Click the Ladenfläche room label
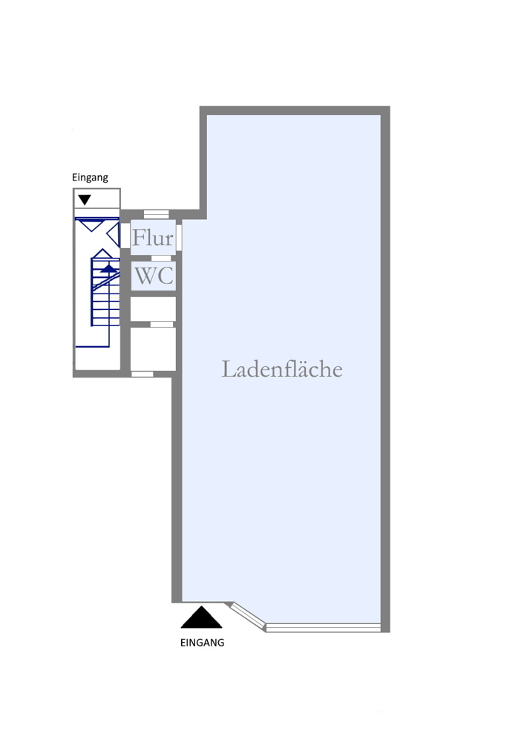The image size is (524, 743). pyautogui.click(x=282, y=369)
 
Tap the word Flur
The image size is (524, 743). pyautogui.click(x=153, y=238)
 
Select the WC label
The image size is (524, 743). pyautogui.click(x=154, y=276)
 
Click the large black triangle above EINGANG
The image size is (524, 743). pyautogui.click(x=201, y=617)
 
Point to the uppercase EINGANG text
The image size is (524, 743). pyautogui.click(x=202, y=643)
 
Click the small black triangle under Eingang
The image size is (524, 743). pyautogui.click(x=85, y=200)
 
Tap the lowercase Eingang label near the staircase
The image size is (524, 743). pyautogui.click(x=90, y=178)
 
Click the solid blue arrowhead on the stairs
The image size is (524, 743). pyautogui.click(x=109, y=268)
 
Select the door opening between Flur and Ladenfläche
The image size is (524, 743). pyautogui.click(x=179, y=236)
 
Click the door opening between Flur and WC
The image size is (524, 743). pyautogui.click(x=161, y=259)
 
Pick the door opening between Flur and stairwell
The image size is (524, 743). pyautogui.click(x=125, y=236)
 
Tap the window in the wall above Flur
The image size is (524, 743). pyautogui.click(x=156, y=214)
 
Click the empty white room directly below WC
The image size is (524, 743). pyautogui.click(x=153, y=309)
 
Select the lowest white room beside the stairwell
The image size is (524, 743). pyautogui.click(x=153, y=348)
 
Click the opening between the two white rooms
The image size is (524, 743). pyautogui.click(x=162, y=324)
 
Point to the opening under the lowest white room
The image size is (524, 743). pyautogui.click(x=142, y=374)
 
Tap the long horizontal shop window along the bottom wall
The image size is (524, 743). pyautogui.click(x=324, y=628)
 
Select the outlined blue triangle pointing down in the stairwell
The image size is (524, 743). pyautogui.click(x=92, y=224)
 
